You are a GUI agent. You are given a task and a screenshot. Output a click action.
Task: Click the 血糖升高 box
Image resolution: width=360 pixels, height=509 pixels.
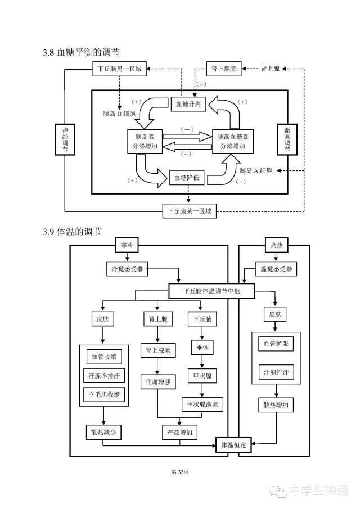click(188, 104)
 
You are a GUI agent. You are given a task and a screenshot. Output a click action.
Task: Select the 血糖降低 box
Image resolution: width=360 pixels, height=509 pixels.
click(187, 178)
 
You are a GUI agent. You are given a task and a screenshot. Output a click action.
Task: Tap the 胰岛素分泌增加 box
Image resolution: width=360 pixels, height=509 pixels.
click(145, 142)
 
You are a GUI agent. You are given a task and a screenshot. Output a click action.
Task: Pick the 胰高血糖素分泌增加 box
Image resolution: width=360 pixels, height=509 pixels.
click(233, 142)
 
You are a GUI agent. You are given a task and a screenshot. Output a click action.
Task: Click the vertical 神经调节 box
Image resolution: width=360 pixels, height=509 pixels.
click(65, 139)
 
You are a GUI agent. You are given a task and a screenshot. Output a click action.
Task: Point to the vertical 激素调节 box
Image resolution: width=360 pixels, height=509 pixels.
click(287, 139)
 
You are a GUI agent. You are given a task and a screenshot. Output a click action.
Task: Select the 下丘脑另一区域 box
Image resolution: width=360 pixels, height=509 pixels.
click(119, 69)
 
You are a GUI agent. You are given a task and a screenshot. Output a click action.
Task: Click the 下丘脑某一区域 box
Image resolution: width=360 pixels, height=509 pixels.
click(189, 211)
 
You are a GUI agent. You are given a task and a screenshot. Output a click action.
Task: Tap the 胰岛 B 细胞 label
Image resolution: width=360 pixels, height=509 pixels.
click(119, 114)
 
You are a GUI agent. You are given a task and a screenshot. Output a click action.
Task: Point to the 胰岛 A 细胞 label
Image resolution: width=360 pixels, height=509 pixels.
click(256, 171)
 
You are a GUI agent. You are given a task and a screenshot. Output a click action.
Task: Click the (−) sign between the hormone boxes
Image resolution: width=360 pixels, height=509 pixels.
click(187, 129)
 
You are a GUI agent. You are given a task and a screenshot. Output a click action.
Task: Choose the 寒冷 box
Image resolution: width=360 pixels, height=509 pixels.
click(127, 245)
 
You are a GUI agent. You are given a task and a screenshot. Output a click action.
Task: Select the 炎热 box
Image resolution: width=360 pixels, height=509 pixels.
click(277, 245)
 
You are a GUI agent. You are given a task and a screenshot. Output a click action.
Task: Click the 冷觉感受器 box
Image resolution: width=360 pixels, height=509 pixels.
click(127, 269)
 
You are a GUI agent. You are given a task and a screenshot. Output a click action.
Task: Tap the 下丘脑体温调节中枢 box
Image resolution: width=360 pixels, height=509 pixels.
click(211, 291)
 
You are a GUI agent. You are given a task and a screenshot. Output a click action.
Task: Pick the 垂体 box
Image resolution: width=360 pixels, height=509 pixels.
click(202, 348)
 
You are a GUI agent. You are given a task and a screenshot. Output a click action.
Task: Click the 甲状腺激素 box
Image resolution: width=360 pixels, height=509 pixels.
click(202, 404)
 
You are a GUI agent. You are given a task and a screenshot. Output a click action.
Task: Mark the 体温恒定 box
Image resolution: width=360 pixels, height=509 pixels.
click(234, 445)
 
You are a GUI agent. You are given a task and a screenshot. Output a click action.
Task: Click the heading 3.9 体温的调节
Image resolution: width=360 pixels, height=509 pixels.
click(72, 232)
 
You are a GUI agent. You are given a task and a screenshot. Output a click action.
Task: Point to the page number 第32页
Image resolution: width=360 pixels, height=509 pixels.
click(179, 472)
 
